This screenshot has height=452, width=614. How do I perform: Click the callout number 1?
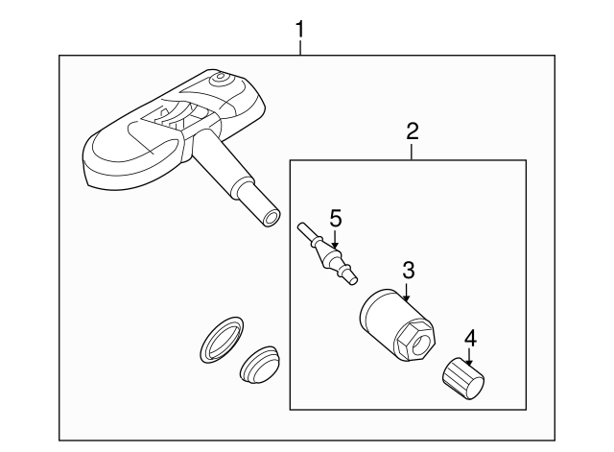[x=300, y=29]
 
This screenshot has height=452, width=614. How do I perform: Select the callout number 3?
[x=408, y=270]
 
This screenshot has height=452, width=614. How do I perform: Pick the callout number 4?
[x=469, y=337]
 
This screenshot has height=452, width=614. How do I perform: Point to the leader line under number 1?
[x=300, y=48]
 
